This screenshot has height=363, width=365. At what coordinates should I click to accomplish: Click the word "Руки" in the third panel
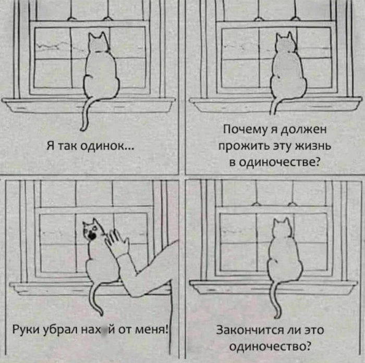(x=25, y=329)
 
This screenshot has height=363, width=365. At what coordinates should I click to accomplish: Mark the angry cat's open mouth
(x=92, y=235)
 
